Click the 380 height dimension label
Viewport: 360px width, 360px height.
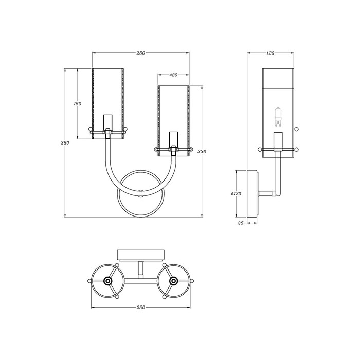click(x=65, y=142)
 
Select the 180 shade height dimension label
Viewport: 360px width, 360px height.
click(x=77, y=104)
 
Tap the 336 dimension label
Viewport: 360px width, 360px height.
click(x=202, y=152)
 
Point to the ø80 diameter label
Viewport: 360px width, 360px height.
click(x=173, y=75)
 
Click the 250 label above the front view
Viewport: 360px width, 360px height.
click(x=141, y=53)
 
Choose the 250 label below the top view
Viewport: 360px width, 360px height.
click(x=141, y=307)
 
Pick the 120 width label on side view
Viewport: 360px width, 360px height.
click(x=270, y=53)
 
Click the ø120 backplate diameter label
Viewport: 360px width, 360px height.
click(x=236, y=194)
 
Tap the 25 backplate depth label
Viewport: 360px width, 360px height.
click(x=240, y=223)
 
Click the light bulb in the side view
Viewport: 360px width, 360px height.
click(x=278, y=117)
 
